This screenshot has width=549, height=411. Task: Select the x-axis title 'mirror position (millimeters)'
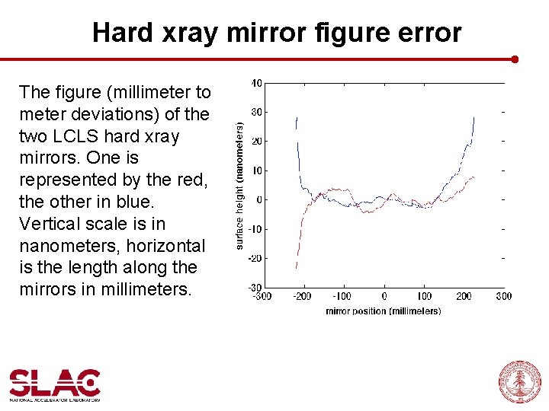383,311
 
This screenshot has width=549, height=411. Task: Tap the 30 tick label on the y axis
258,112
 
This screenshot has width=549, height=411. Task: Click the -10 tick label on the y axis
255,229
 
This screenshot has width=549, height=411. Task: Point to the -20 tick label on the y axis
255,259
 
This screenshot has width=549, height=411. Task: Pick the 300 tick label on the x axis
503,297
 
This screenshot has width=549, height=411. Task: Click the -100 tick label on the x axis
342,297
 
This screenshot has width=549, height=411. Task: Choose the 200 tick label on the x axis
464,297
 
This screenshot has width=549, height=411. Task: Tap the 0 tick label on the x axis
384,297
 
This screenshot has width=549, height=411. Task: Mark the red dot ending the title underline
515,59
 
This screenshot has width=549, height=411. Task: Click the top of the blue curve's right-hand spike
474,118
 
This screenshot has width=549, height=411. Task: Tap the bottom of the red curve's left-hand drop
296,267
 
